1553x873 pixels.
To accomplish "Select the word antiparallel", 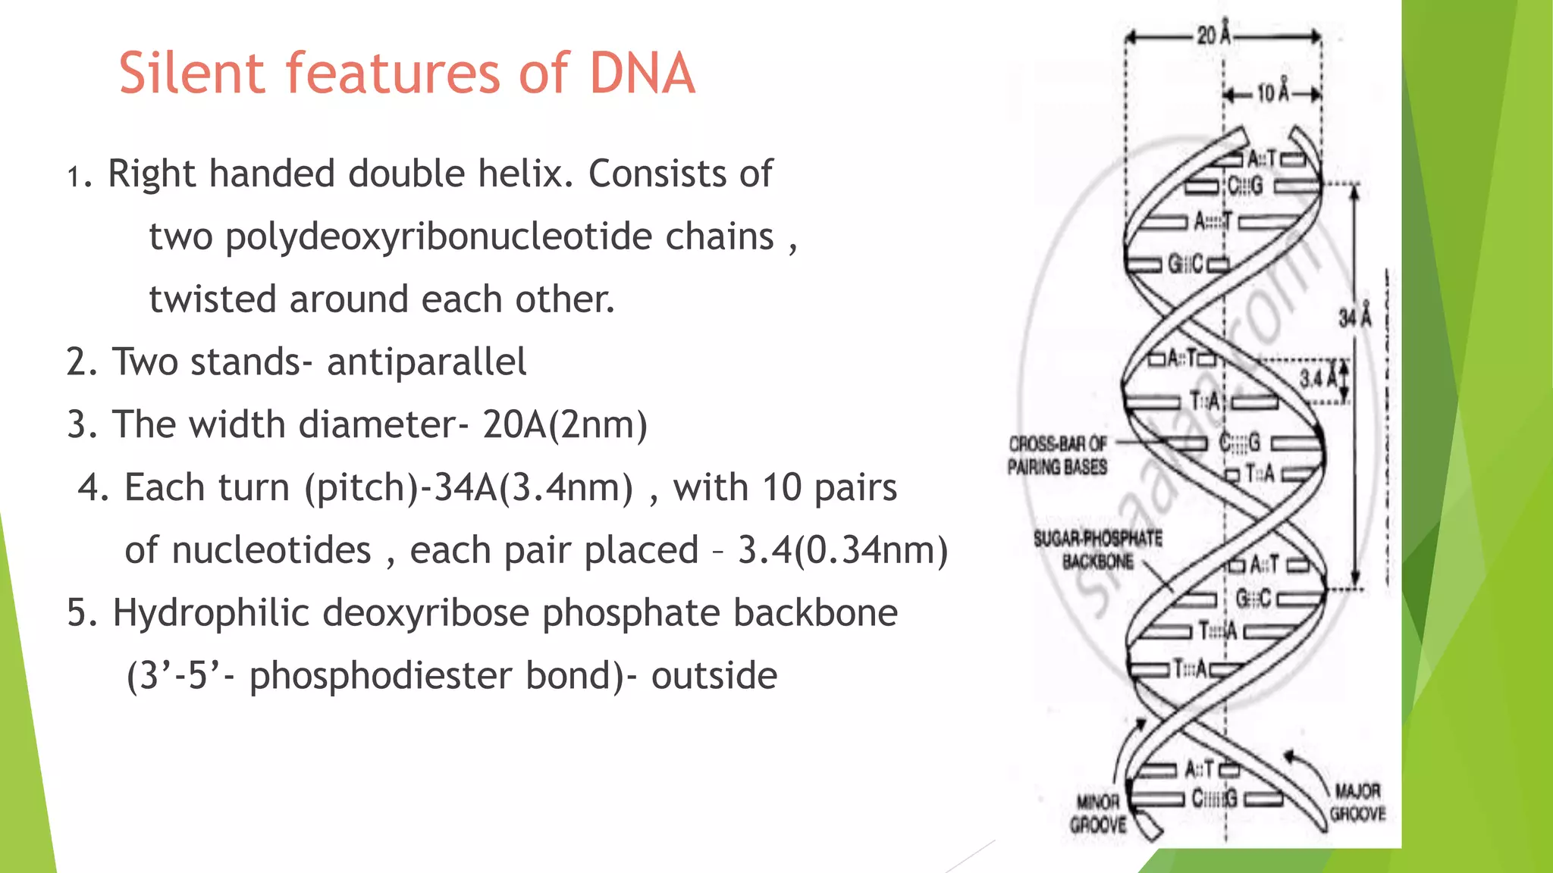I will (x=426, y=362).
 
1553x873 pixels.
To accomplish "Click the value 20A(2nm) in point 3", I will (x=565, y=425).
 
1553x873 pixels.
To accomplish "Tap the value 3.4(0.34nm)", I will (x=842, y=551).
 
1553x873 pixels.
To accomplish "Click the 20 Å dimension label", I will (x=1213, y=35).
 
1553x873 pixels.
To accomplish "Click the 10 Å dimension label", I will (x=1273, y=92).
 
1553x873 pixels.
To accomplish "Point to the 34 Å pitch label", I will (x=1354, y=316).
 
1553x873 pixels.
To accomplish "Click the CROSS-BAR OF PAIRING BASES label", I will (x=1057, y=455).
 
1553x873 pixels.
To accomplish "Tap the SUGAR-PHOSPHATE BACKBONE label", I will (x=1097, y=550).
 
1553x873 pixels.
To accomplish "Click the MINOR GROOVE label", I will (x=1097, y=813).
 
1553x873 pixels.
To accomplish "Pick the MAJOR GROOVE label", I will (x=1357, y=803).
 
